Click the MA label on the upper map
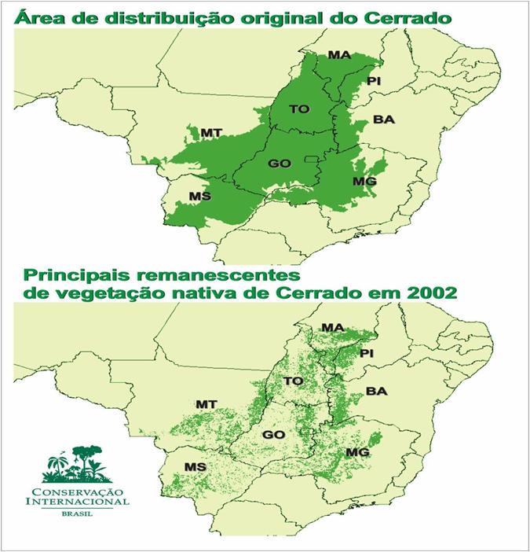point(339,55)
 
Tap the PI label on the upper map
point(374,82)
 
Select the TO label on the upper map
point(299,109)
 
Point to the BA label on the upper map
point(383,120)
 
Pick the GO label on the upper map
point(280,164)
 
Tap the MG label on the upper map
point(364,182)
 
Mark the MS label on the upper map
point(200,196)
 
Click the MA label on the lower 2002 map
point(333,327)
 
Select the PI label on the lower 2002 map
point(369,354)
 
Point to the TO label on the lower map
point(293,381)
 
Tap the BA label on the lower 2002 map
point(377,391)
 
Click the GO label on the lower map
point(273,435)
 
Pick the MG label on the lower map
point(358,453)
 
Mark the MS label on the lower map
point(195,467)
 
